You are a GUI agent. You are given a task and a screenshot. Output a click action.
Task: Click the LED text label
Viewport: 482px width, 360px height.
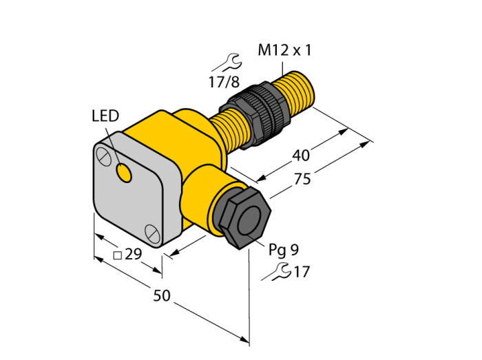click(105, 116)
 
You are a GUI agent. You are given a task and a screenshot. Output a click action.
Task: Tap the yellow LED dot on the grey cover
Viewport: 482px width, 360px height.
click(124, 173)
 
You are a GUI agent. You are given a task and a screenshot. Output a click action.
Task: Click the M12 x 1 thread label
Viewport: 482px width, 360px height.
click(284, 50)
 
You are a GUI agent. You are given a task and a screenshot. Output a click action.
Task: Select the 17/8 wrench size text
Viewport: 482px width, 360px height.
click(224, 82)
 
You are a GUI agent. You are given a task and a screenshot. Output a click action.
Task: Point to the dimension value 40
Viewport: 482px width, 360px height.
click(301, 155)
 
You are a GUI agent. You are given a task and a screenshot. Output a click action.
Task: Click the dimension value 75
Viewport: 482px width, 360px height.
click(302, 179)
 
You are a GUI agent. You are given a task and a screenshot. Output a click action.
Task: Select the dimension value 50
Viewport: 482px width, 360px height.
click(162, 295)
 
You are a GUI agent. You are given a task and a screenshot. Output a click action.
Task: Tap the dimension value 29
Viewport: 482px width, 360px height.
click(133, 254)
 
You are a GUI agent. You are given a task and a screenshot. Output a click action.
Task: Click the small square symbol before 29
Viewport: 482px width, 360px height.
click(118, 255)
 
